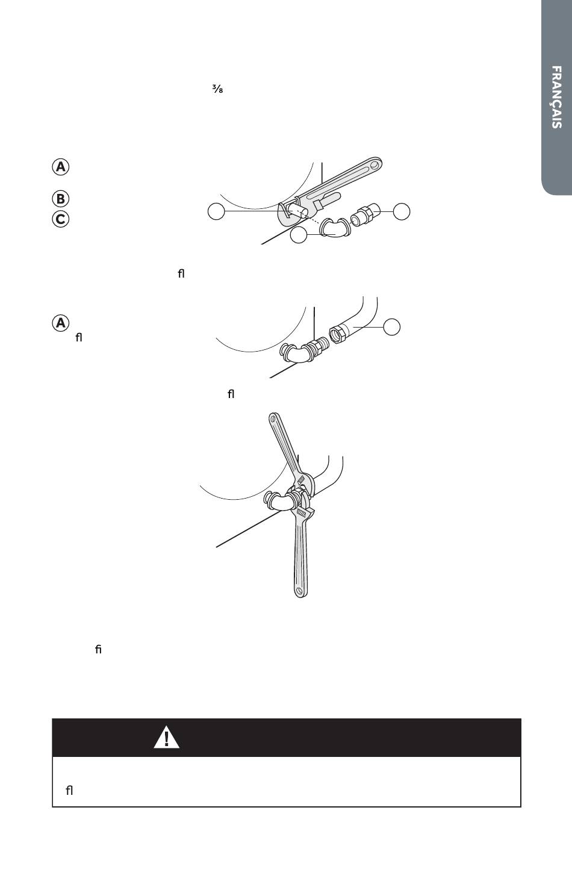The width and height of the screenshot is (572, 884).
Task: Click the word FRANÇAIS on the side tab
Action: pos(556,97)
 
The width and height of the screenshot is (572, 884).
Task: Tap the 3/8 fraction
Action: pos(218,89)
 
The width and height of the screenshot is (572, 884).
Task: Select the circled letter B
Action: pos(61,199)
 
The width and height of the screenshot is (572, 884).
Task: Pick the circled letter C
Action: pos(61,219)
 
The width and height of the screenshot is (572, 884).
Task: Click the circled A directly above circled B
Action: pos(61,167)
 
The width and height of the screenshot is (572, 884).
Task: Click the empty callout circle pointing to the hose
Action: pos(392,327)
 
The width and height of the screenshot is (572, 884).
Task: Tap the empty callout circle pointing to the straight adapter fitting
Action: pos(402,211)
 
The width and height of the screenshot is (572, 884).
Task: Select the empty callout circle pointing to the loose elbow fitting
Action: pos(299,235)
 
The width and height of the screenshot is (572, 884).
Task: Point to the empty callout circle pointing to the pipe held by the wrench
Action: pos(216,211)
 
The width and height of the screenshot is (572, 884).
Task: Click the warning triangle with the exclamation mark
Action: pos(166,738)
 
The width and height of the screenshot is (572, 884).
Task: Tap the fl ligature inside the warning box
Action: pos(69,791)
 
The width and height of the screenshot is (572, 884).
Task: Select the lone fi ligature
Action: pos(98,649)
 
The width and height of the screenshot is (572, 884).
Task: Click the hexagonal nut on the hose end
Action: pos(337,334)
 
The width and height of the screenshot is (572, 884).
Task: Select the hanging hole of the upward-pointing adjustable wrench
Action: pos(273,419)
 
